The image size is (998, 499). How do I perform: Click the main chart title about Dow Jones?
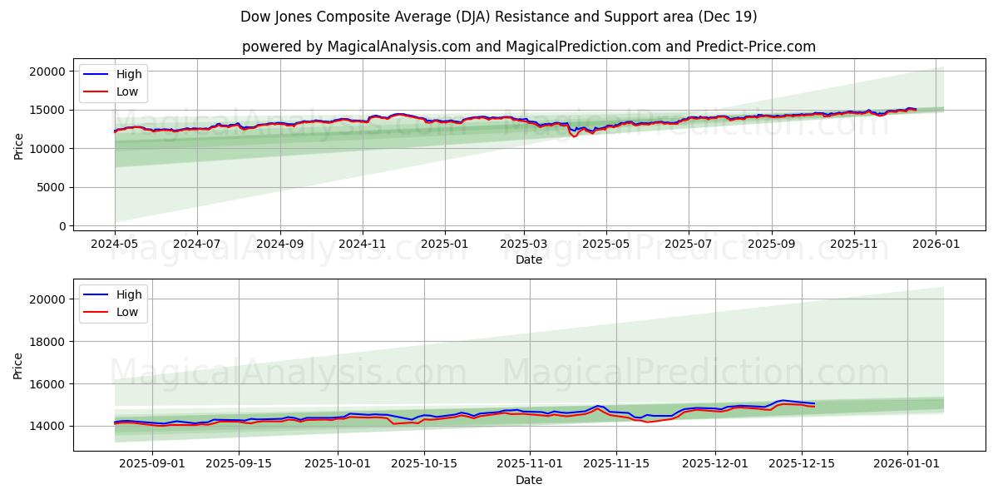498,17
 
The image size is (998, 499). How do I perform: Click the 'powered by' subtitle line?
528,47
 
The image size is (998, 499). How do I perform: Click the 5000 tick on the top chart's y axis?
52,188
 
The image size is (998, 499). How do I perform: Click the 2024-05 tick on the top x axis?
115,244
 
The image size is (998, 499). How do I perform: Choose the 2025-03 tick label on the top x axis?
524,244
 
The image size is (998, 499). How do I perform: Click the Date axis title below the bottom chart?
528,480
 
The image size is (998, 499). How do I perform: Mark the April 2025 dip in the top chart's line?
574,135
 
